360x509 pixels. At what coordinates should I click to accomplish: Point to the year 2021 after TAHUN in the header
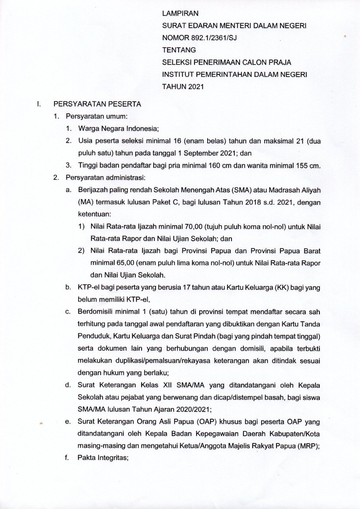tap(195, 87)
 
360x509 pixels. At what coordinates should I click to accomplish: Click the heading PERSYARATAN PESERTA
tap(98, 105)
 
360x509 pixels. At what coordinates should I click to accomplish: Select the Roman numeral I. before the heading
tap(39, 105)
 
